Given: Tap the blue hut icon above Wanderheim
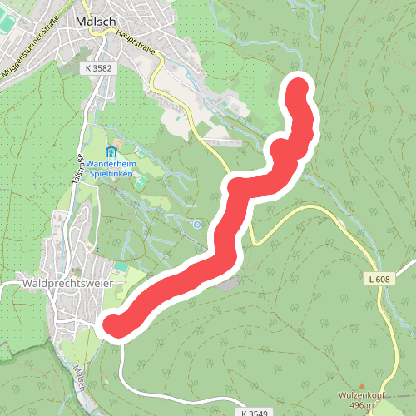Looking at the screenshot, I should (x=111, y=151).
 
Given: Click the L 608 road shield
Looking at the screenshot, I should (x=377, y=280).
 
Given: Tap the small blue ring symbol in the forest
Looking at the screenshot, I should (x=196, y=224).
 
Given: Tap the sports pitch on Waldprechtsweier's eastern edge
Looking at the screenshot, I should (x=121, y=267).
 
